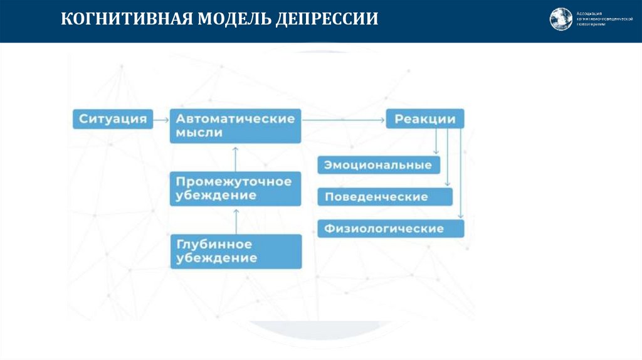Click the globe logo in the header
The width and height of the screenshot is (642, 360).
[x=561, y=19]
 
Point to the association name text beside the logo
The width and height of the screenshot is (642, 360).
[x=601, y=19]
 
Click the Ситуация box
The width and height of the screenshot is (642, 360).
[x=113, y=119]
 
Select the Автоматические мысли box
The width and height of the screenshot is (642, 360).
[x=235, y=125]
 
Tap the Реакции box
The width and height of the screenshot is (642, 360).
[x=424, y=119]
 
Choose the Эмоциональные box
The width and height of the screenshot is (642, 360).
[x=379, y=166]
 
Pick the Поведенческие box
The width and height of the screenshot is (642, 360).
[x=384, y=196]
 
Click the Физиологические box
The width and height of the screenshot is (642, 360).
[x=391, y=228]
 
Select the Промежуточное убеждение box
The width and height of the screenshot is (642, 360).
[x=235, y=188]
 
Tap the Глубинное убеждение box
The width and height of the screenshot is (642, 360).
[x=235, y=251]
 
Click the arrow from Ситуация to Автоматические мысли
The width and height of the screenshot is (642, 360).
[x=161, y=119]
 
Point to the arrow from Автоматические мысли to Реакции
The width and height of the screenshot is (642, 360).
[x=343, y=119]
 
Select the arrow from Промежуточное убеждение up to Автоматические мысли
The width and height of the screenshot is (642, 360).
[x=236, y=157]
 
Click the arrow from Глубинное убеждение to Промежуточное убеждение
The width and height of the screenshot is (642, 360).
[x=236, y=220]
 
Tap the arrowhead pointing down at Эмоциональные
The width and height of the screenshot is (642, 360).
[x=436, y=152]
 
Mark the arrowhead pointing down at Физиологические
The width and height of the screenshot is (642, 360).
[x=460, y=215]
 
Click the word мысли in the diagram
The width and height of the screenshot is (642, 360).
[x=199, y=133]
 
